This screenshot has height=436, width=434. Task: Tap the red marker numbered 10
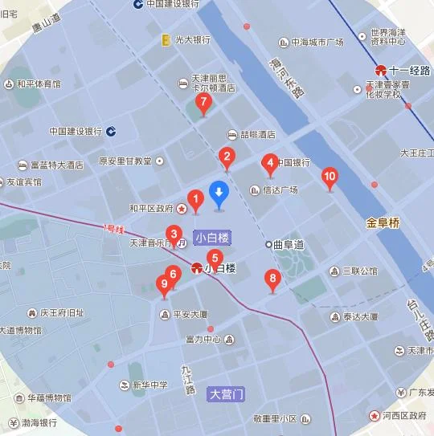[x=329, y=177]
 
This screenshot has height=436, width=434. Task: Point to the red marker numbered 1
[x=194, y=198]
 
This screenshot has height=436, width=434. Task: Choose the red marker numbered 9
[x=165, y=283]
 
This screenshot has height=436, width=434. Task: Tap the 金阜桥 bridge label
[x=382, y=222]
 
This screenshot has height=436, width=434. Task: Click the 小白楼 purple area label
[x=212, y=238]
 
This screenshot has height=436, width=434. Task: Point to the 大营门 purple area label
[x=226, y=394]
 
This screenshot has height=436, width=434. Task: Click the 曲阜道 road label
[x=289, y=244]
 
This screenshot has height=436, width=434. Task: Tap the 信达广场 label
[x=280, y=190]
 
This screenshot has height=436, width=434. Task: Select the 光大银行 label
[x=191, y=39]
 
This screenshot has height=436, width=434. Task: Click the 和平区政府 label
[x=152, y=208]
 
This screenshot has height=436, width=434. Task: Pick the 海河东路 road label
[x=287, y=78]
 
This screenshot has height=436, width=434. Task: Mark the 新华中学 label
[x=149, y=385]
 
